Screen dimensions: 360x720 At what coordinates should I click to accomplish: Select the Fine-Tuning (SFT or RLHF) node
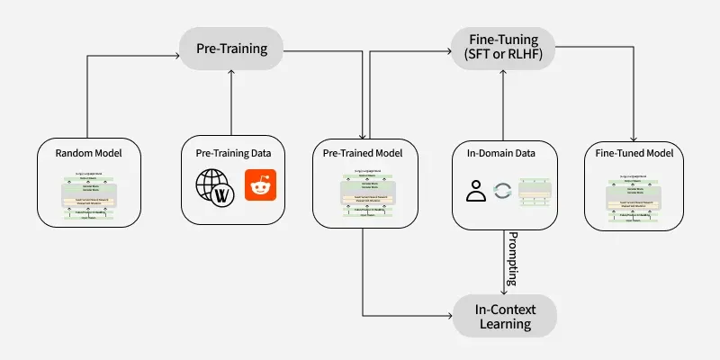502,48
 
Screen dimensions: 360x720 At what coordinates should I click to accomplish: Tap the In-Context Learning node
504,316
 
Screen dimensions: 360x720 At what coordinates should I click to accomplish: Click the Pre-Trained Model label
363,154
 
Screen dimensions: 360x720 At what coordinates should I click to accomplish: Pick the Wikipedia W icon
226,194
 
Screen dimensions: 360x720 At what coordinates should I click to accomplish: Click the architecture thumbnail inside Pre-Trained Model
363,193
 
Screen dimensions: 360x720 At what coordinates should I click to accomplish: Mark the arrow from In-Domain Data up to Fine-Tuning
505,103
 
